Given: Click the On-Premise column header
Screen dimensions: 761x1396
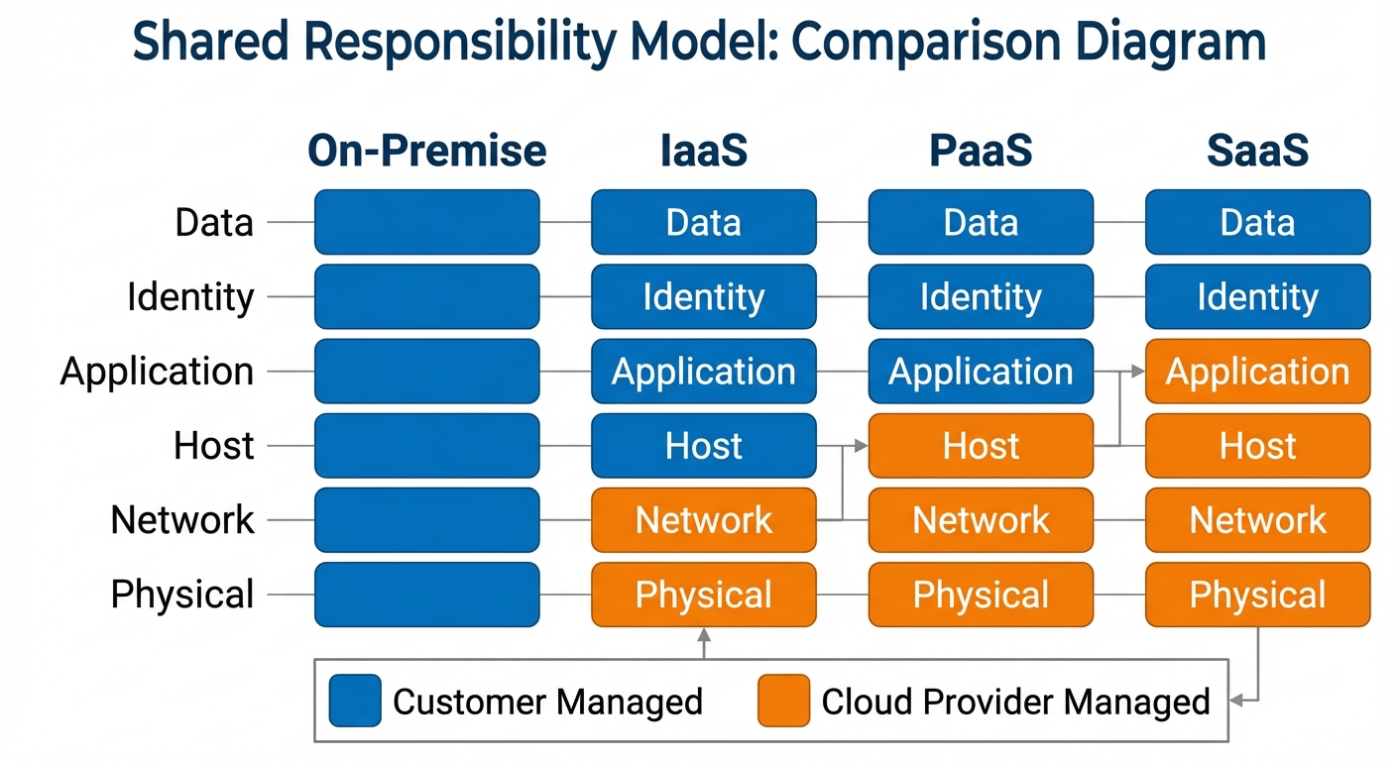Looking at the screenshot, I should (x=426, y=151).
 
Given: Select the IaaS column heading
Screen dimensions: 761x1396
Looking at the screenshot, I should (x=703, y=151).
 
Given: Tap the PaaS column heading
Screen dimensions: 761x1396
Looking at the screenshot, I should (x=981, y=151).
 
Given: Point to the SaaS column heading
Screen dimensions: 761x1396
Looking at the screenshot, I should (x=1257, y=151).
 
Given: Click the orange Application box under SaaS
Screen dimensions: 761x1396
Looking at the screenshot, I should (x=1257, y=372).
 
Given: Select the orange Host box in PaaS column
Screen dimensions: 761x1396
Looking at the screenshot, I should (x=981, y=446).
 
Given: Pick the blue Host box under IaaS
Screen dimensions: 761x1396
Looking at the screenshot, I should (x=703, y=446).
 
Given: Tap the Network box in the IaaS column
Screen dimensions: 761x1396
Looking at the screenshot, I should (x=703, y=520).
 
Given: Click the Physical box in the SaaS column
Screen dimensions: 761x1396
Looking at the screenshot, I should (x=1257, y=595).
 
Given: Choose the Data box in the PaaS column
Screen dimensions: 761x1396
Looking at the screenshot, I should (x=981, y=222).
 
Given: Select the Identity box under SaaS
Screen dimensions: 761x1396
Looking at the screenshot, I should (x=1257, y=296).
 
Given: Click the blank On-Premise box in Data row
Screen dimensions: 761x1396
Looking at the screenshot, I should (x=426, y=222).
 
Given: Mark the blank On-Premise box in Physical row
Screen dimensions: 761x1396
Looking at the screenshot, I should (x=426, y=595).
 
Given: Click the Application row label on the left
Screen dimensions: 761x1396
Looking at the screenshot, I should (x=157, y=372).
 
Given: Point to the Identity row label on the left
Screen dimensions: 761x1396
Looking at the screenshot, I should (x=190, y=296).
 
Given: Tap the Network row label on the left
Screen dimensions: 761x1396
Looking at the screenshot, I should (x=182, y=520).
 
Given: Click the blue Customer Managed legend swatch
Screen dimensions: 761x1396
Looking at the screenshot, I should (x=355, y=701).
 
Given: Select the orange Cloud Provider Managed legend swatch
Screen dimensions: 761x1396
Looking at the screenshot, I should (x=783, y=701).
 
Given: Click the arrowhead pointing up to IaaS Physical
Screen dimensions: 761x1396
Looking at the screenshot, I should (x=704, y=635).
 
